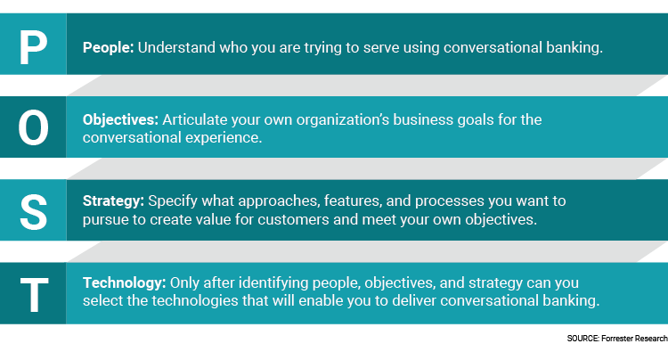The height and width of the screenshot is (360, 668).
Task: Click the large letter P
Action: pyautogui.click(x=33, y=48)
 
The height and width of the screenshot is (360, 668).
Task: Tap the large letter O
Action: pyautogui.click(x=33, y=127)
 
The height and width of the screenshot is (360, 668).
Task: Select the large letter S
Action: pyautogui.click(x=33, y=212)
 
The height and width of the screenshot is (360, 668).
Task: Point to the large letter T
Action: pyautogui.click(x=34, y=295)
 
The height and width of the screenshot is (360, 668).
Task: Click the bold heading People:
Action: pyautogui.click(x=108, y=47)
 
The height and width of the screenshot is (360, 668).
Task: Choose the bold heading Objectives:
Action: pyautogui.click(x=120, y=119)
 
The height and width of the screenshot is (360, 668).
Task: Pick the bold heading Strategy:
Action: pyautogui.click(x=113, y=201)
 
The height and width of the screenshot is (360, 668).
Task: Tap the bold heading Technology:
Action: pyautogui.click(x=125, y=282)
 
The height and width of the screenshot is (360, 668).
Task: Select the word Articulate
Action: pyautogui.click(x=195, y=119)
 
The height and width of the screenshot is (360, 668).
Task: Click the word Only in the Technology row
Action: pyautogui.click(x=184, y=283)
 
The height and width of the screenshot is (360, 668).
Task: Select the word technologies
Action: pyautogui.click(x=195, y=301)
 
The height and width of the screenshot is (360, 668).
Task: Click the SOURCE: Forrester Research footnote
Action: pyautogui.click(x=617, y=339)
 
